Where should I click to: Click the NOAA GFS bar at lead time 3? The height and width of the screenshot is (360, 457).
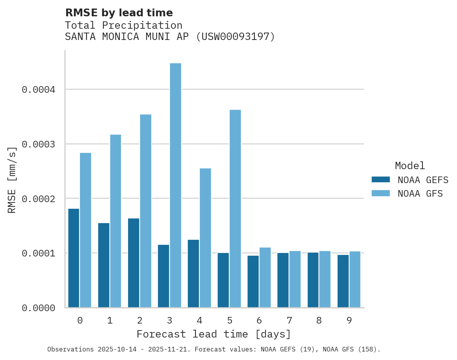[x=175, y=185]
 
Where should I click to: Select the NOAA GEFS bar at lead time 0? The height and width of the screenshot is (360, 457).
[x=74, y=258]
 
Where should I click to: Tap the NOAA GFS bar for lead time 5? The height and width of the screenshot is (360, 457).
[x=235, y=209]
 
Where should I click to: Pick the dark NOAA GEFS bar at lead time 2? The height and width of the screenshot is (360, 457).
[x=133, y=263]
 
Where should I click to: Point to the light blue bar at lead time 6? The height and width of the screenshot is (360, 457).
[x=265, y=277]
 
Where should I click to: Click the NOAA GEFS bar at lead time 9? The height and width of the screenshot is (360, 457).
[x=343, y=281]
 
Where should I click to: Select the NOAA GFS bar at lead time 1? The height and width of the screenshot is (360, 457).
[x=116, y=221]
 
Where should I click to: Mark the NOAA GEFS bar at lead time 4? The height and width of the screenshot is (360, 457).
[x=193, y=273]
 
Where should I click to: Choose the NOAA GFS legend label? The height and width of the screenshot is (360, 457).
[x=420, y=193]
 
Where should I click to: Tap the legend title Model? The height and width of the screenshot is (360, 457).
[x=410, y=166]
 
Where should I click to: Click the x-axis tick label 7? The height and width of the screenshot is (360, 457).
[x=289, y=320]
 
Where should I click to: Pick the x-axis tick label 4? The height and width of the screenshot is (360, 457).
[x=199, y=320]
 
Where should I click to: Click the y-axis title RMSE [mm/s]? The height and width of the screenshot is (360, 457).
[x=12, y=180]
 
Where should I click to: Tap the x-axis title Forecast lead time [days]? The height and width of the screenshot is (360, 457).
[x=214, y=334]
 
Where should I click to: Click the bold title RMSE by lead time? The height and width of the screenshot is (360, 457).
[x=119, y=13]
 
